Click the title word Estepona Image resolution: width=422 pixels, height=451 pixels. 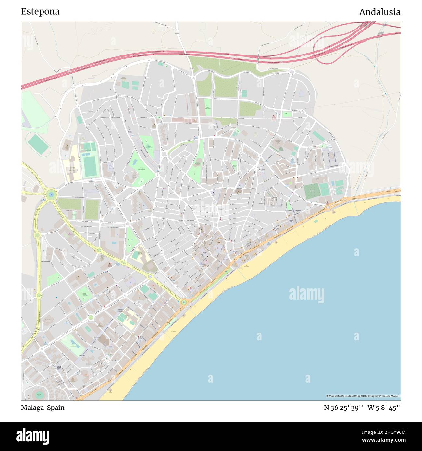[40, 12]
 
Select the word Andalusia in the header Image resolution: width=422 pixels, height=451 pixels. [379, 12]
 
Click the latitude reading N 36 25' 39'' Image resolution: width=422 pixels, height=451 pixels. [343, 408]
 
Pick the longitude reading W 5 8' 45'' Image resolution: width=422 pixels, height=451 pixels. [384, 408]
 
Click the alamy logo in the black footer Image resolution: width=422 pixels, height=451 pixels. [33, 435]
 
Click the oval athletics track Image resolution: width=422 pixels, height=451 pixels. [37, 144]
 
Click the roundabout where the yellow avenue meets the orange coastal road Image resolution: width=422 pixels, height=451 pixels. [184, 302]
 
